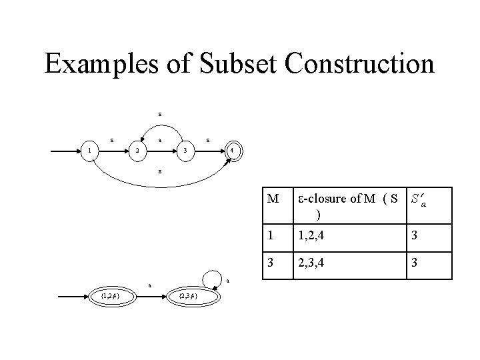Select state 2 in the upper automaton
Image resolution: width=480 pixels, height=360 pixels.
click(x=137, y=151)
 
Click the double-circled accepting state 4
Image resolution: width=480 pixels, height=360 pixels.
click(x=231, y=151)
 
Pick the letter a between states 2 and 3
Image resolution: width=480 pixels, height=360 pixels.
click(x=160, y=140)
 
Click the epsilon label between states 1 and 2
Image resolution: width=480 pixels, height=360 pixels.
click(x=112, y=140)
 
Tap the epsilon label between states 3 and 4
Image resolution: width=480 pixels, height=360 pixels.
click(x=209, y=140)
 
